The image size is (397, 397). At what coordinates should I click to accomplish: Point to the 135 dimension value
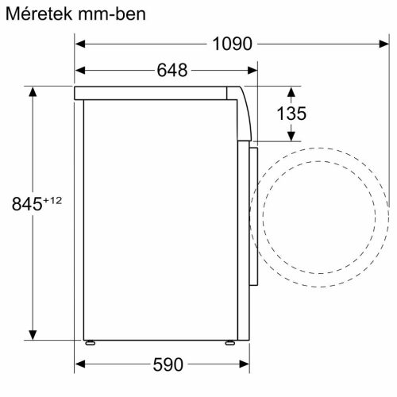point(291,114)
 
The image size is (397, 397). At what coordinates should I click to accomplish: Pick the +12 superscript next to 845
point(52,200)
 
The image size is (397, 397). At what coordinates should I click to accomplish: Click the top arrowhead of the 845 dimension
point(33,91)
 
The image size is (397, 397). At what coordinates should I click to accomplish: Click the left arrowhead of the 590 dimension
point(80,365)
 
